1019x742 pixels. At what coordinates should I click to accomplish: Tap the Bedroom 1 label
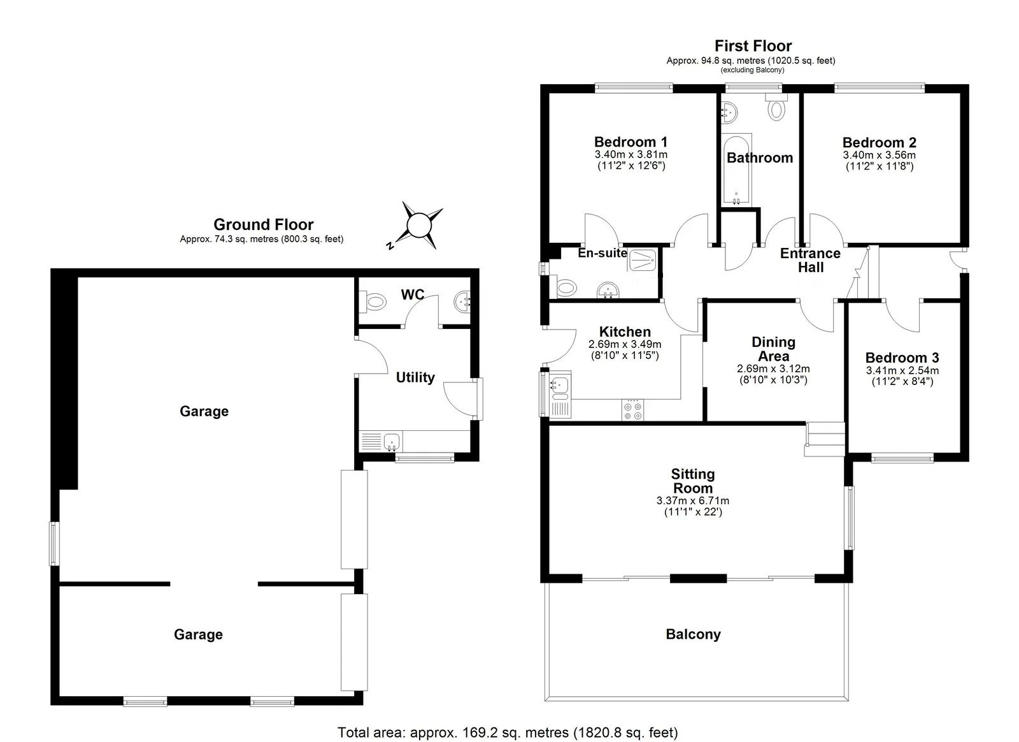click(x=631, y=142)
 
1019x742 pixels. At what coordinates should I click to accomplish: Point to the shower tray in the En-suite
click(x=643, y=260)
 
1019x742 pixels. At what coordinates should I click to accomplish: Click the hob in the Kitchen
click(x=633, y=410)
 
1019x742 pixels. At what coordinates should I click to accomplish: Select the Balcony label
click(x=694, y=634)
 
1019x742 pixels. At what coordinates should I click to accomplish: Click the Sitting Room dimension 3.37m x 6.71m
click(x=693, y=501)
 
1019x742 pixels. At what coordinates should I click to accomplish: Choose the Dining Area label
click(x=773, y=349)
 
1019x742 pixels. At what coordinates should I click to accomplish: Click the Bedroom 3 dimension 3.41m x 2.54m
click(x=902, y=370)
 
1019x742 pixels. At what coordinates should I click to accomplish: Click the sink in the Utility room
click(x=392, y=442)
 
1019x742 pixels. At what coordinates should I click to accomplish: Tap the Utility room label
click(x=415, y=377)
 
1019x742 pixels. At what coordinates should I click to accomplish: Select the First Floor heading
click(x=753, y=46)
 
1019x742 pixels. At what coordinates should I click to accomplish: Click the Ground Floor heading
click(x=264, y=224)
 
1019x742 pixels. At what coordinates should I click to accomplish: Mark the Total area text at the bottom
click(x=508, y=732)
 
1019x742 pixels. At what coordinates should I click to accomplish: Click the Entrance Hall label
click(x=811, y=260)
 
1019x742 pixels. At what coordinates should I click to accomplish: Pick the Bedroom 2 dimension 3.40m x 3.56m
click(x=880, y=155)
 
